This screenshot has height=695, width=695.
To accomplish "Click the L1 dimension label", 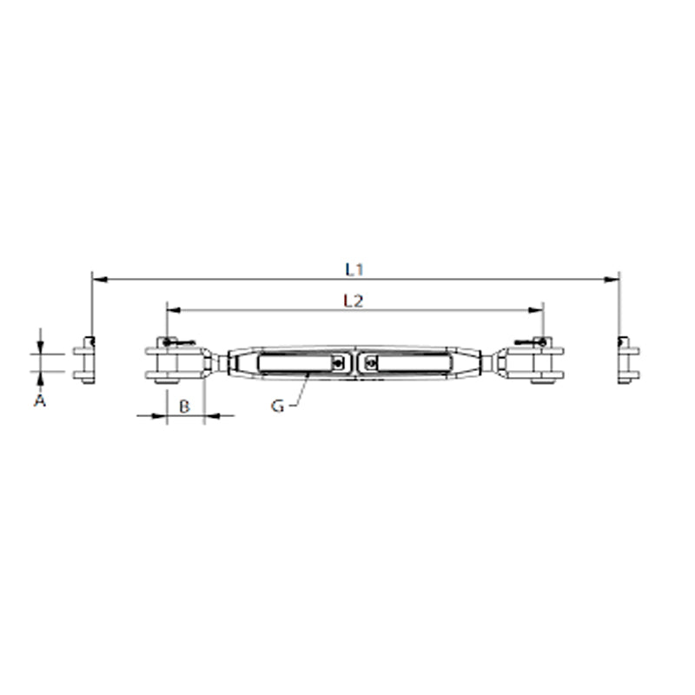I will click(354, 270).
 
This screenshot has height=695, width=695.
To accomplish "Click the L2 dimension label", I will click(353, 301).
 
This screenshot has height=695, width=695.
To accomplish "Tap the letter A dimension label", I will click(38, 400).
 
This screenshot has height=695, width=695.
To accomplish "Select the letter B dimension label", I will click(184, 406).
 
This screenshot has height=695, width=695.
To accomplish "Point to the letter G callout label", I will click(277, 406).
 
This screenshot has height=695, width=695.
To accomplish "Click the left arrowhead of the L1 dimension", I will click(98, 280).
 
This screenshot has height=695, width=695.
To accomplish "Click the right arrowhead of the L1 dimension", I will click(612, 280).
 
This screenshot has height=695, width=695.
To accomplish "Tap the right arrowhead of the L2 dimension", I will click(537, 309).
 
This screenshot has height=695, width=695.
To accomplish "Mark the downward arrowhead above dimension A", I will click(40, 347).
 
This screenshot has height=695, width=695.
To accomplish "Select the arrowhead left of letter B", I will click(159, 416).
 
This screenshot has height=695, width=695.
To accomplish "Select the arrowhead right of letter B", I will click(211, 416).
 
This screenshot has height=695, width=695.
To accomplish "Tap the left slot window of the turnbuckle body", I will click(295, 363).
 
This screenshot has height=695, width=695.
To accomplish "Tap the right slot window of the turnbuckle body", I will click(407, 363).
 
